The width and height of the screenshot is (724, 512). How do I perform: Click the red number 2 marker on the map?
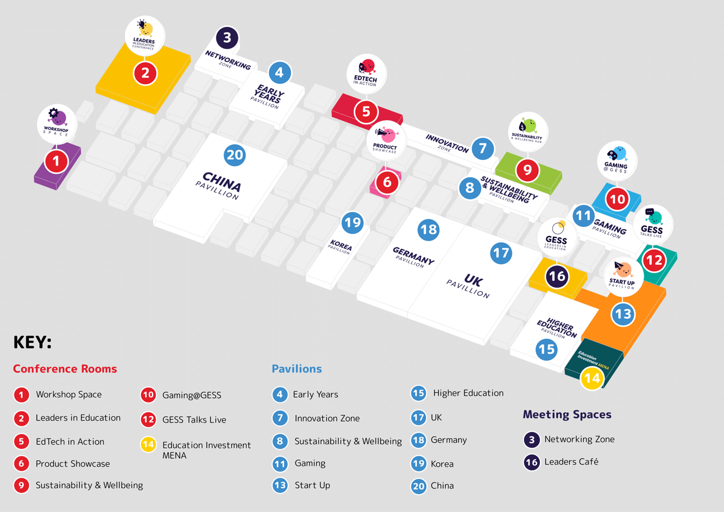click(x=145, y=73)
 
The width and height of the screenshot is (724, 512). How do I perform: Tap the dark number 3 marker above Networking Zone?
click(x=227, y=38)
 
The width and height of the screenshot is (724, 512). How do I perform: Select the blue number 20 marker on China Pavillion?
click(x=235, y=155)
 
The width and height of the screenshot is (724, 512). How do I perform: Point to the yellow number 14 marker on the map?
click(x=592, y=378)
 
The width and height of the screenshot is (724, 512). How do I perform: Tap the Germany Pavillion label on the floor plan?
click(x=413, y=257)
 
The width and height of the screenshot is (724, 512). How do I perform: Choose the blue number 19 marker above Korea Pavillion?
click(x=353, y=223)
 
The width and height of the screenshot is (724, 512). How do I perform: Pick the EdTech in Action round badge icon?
click(x=366, y=73)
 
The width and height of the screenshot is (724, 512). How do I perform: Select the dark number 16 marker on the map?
click(x=557, y=276)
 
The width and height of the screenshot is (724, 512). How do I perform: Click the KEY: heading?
click(x=32, y=342)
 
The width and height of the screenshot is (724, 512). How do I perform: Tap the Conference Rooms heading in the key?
click(x=65, y=369)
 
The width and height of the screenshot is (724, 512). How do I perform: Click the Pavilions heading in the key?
click(x=297, y=369)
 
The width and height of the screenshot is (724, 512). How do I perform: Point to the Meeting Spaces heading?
click(x=567, y=414)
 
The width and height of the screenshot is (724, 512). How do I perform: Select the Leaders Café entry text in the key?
click(x=571, y=462)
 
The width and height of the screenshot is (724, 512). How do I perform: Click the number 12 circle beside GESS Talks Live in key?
click(x=148, y=419)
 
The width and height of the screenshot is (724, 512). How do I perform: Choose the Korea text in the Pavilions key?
click(x=442, y=464)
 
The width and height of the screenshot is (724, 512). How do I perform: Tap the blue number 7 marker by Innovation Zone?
click(x=482, y=148)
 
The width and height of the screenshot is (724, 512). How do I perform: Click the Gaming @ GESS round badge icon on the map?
click(x=616, y=161)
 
